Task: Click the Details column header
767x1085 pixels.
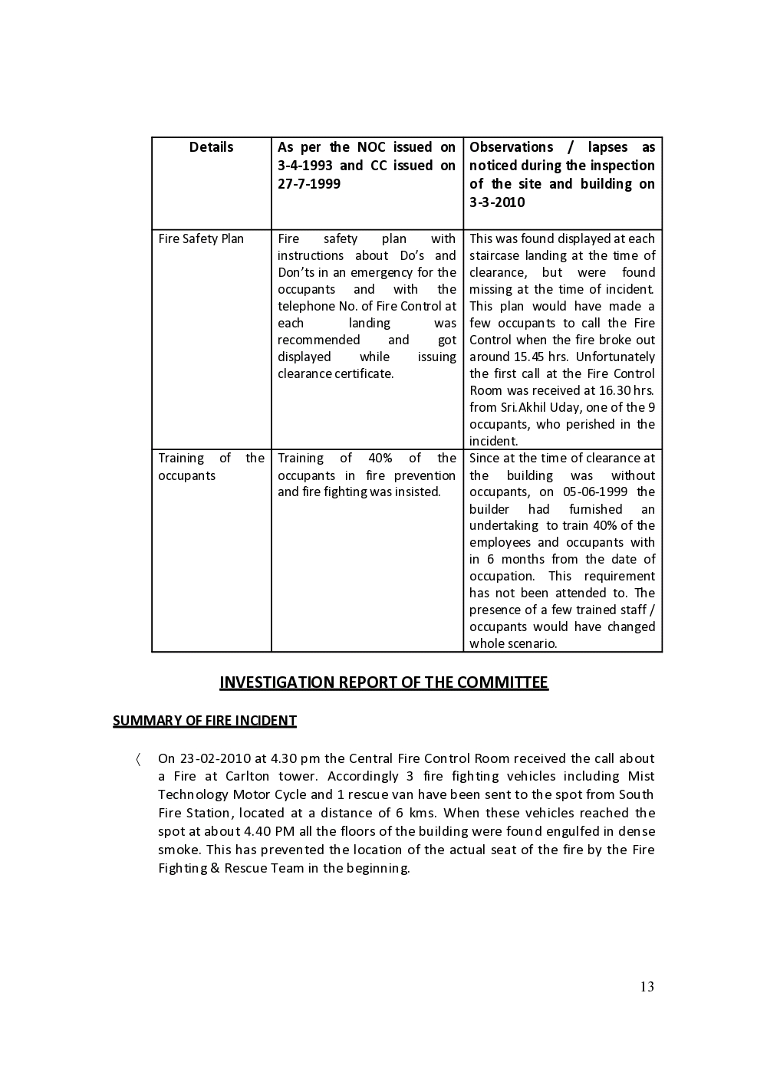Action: (x=211, y=147)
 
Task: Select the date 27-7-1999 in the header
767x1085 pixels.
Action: (x=309, y=184)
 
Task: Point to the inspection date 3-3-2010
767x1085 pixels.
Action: (x=497, y=202)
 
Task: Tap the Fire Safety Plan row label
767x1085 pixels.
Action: (x=201, y=238)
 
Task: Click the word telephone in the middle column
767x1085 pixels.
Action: (x=304, y=306)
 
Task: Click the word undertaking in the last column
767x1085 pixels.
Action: (x=503, y=526)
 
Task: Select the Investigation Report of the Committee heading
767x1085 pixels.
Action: (x=383, y=682)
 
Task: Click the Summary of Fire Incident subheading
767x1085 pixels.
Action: (x=205, y=721)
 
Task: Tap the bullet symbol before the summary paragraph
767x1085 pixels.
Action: (x=138, y=760)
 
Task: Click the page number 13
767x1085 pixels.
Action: (x=647, y=987)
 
